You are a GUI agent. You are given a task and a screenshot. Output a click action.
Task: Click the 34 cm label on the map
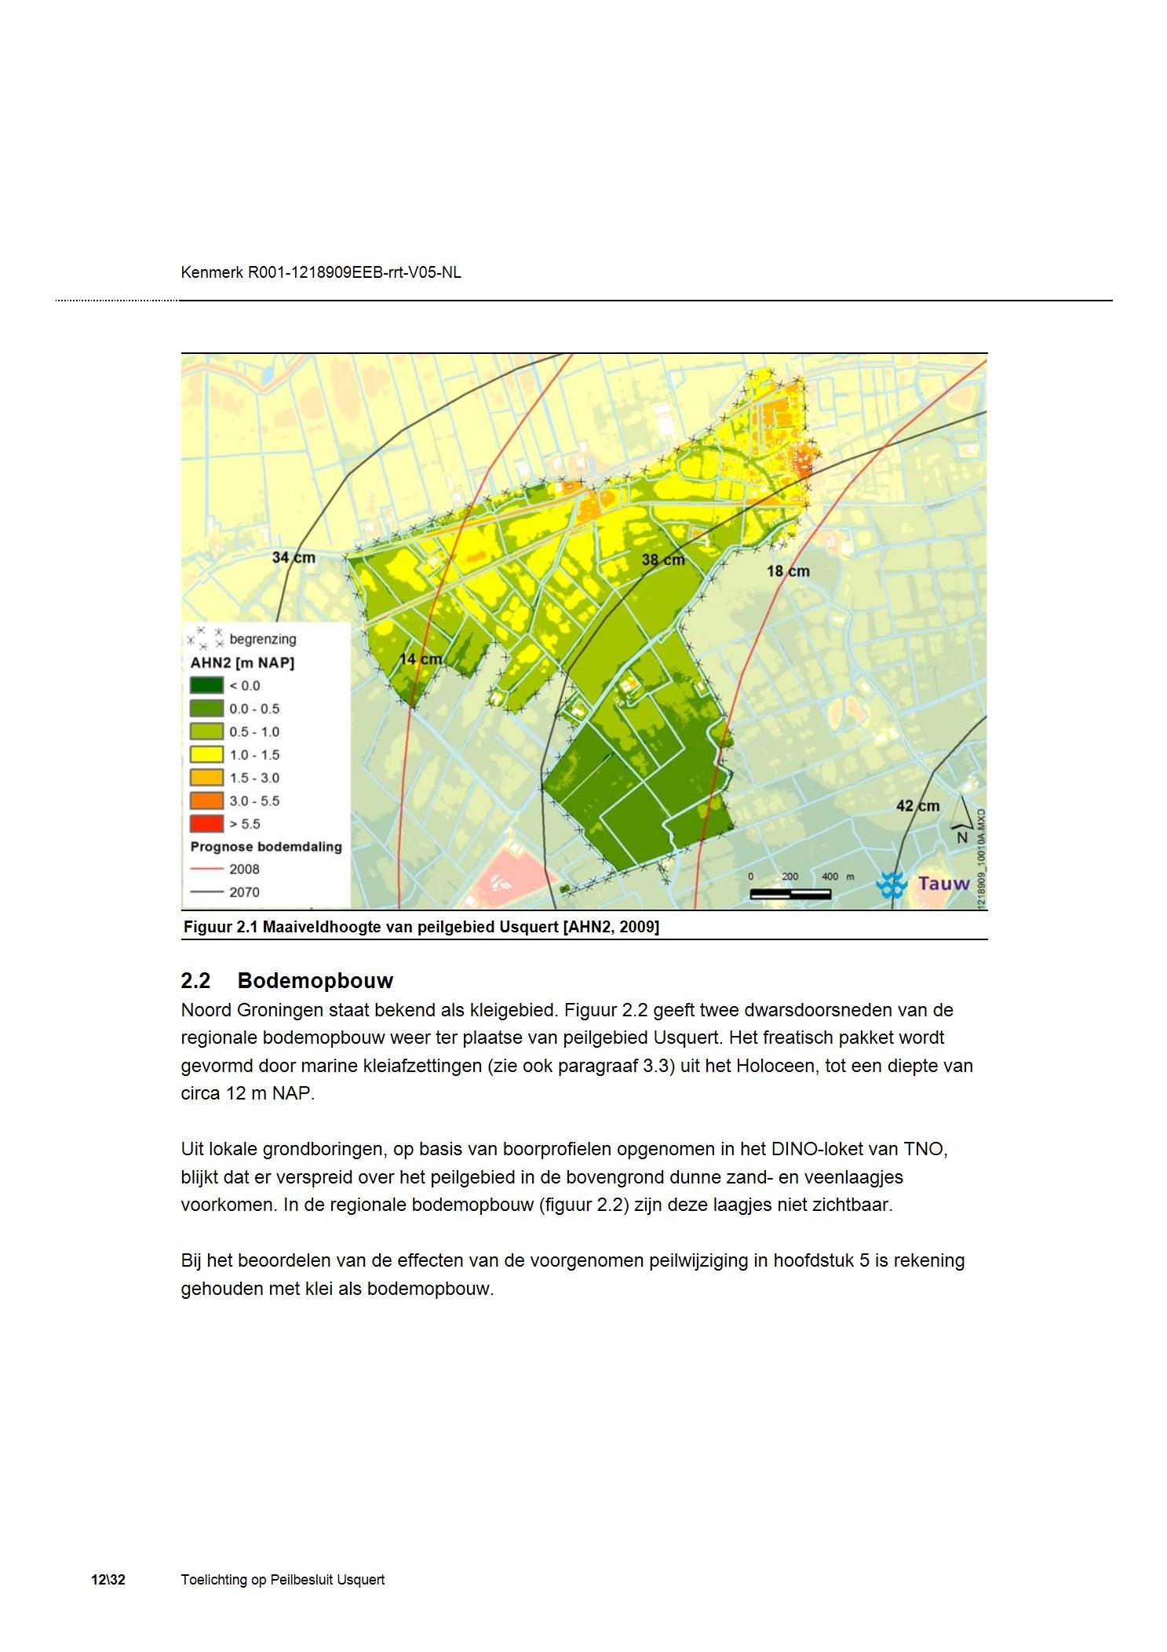(x=294, y=557)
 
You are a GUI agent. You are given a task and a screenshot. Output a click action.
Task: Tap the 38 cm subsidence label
(x=663, y=560)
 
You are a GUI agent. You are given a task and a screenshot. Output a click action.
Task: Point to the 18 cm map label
(x=788, y=571)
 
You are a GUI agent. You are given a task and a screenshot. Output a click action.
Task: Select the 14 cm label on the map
(x=421, y=659)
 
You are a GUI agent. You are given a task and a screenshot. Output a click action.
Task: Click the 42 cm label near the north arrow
(x=917, y=806)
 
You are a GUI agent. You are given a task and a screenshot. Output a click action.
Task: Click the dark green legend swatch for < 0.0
(x=206, y=685)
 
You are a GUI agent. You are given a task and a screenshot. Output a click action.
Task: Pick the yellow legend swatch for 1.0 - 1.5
(x=206, y=755)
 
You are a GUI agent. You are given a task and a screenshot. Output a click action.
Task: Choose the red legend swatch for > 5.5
(x=206, y=824)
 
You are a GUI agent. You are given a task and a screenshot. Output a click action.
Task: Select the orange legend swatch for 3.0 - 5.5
(x=206, y=800)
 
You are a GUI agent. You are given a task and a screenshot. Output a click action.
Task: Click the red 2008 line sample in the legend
(x=206, y=870)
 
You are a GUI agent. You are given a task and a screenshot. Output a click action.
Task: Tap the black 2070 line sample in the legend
(x=206, y=892)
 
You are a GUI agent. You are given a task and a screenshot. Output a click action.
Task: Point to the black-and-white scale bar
(x=790, y=893)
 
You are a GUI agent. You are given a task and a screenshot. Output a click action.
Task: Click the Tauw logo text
(x=943, y=884)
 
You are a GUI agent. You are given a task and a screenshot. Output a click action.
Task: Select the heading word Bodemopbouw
(x=315, y=981)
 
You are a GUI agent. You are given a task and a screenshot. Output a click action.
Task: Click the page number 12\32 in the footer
(x=108, y=1580)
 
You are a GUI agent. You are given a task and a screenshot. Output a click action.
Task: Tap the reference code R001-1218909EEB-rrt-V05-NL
(x=354, y=272)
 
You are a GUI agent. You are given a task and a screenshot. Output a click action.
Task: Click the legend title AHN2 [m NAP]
(x=242, y=663)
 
